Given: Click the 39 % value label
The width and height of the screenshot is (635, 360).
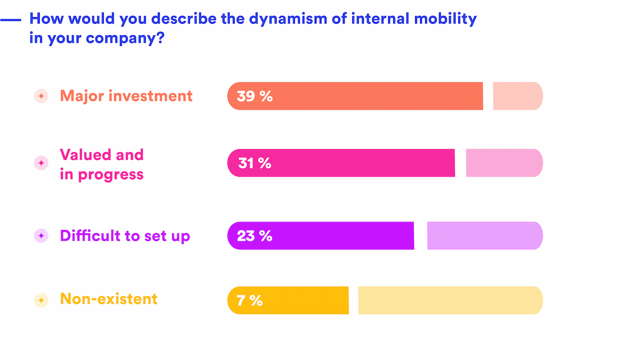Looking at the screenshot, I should tap(255, 96).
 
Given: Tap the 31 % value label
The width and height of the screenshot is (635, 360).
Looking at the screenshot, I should tap(255, 163).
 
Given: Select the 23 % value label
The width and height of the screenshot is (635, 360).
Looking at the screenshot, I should tap(255, 236).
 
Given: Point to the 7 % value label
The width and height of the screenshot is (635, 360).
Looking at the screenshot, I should tap(249, 301).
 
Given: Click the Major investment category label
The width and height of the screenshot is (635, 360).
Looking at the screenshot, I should tap(126, 96).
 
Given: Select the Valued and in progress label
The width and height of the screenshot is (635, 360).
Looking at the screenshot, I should tap(102, 165).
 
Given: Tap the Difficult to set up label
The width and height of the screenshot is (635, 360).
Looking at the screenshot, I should tap(125, 236).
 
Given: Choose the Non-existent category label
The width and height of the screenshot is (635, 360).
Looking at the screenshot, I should tap(109, 299).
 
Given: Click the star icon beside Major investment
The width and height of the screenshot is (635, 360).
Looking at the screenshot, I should tap(41, 96).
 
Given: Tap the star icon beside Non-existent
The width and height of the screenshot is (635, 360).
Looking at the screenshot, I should tap(41, 300).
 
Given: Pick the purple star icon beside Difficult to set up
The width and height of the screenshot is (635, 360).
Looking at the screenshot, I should tap(41, 236).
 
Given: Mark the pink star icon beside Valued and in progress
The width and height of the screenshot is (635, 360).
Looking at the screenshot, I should tap(41, 163).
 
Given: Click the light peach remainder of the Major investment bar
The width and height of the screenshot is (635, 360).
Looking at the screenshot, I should tap(517, 96).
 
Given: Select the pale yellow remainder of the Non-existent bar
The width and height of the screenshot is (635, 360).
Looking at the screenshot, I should tap(450, 300).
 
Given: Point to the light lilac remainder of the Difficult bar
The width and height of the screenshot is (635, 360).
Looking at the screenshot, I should tap(485, 236).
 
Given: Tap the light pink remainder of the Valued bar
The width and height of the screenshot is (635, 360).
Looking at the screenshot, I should tap(504, 163).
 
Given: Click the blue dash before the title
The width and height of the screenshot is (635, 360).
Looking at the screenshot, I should tap(10, 20).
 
